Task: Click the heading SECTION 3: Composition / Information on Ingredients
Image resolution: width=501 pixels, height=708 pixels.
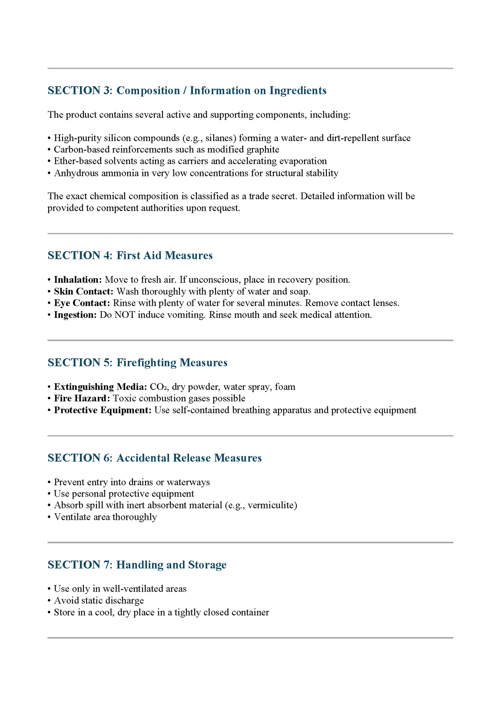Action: (187, 90)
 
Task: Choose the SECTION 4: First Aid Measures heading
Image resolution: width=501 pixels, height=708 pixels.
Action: (130, 255)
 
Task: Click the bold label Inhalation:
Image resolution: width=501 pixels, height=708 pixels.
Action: (78, 280)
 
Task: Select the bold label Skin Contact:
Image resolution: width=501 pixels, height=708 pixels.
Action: (84, 291)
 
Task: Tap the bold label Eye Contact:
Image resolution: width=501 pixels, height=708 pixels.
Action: (82, 303)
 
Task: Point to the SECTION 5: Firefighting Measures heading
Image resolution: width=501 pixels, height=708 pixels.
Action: (137, 362)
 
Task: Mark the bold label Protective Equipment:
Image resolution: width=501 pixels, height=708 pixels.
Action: (103, 410)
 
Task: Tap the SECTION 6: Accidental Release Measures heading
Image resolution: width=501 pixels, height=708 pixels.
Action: (155, 458)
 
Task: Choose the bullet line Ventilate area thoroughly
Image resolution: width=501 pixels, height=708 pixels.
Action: (105, 517)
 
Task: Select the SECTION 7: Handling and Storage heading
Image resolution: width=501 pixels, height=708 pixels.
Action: (137, 565)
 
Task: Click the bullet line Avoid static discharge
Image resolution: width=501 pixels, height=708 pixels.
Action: (99, 601)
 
